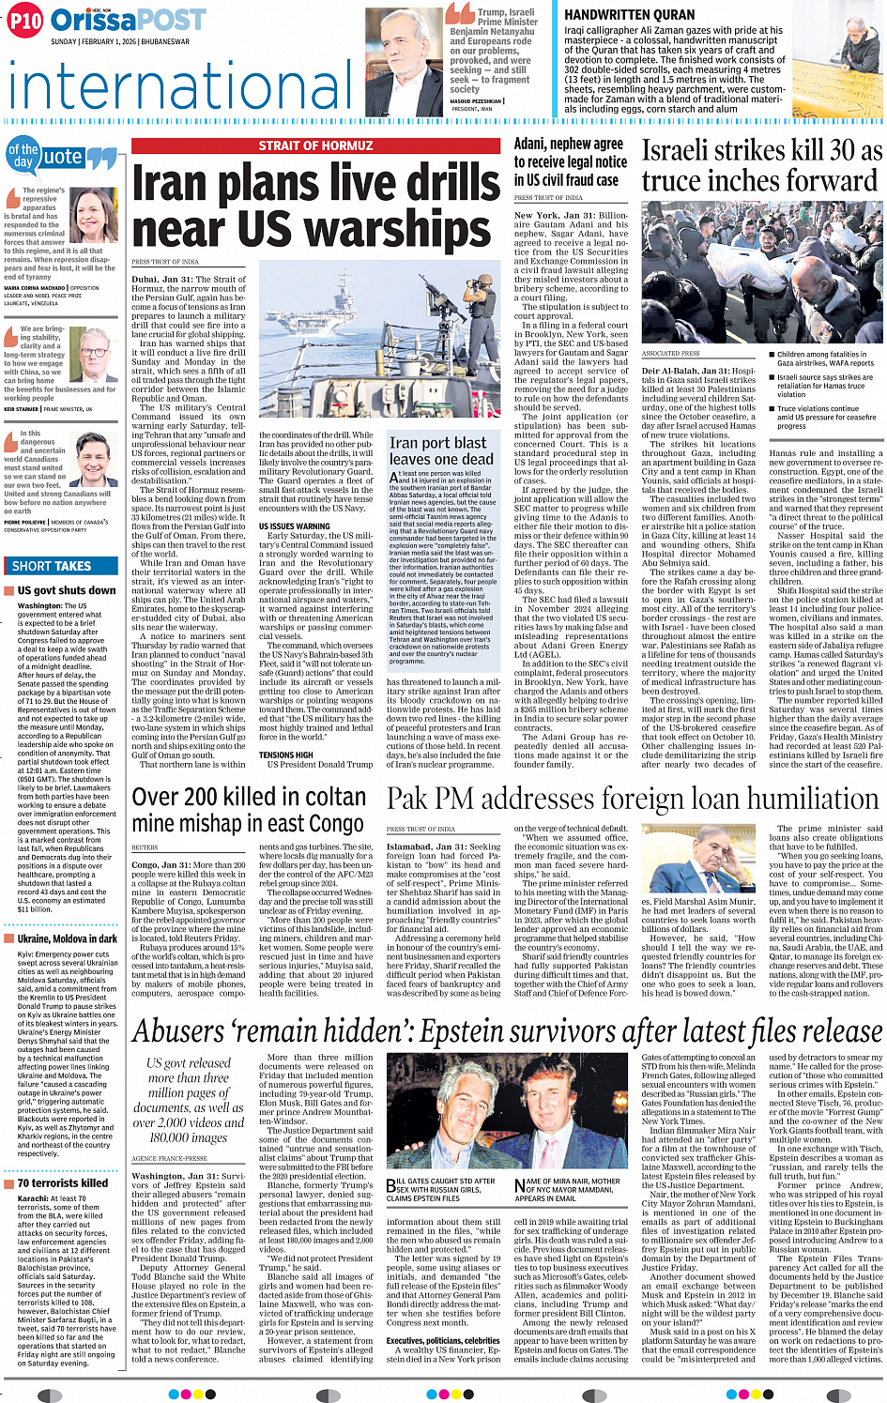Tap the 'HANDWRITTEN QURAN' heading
[x=616, y=15]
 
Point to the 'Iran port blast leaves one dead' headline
[x=441, y=450]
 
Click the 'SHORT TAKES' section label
[x=52, y=566]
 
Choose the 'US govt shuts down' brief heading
[x=67, y=590]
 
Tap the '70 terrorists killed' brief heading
[x=63, y=1182]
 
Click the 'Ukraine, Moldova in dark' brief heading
[x=67, y=938]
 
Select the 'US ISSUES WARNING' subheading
[x=294, y=526]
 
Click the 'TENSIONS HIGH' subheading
[x=285, y=755]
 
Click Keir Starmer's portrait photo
[x=95, y=354]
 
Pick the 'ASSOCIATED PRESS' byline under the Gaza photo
[x=672, y=353]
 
